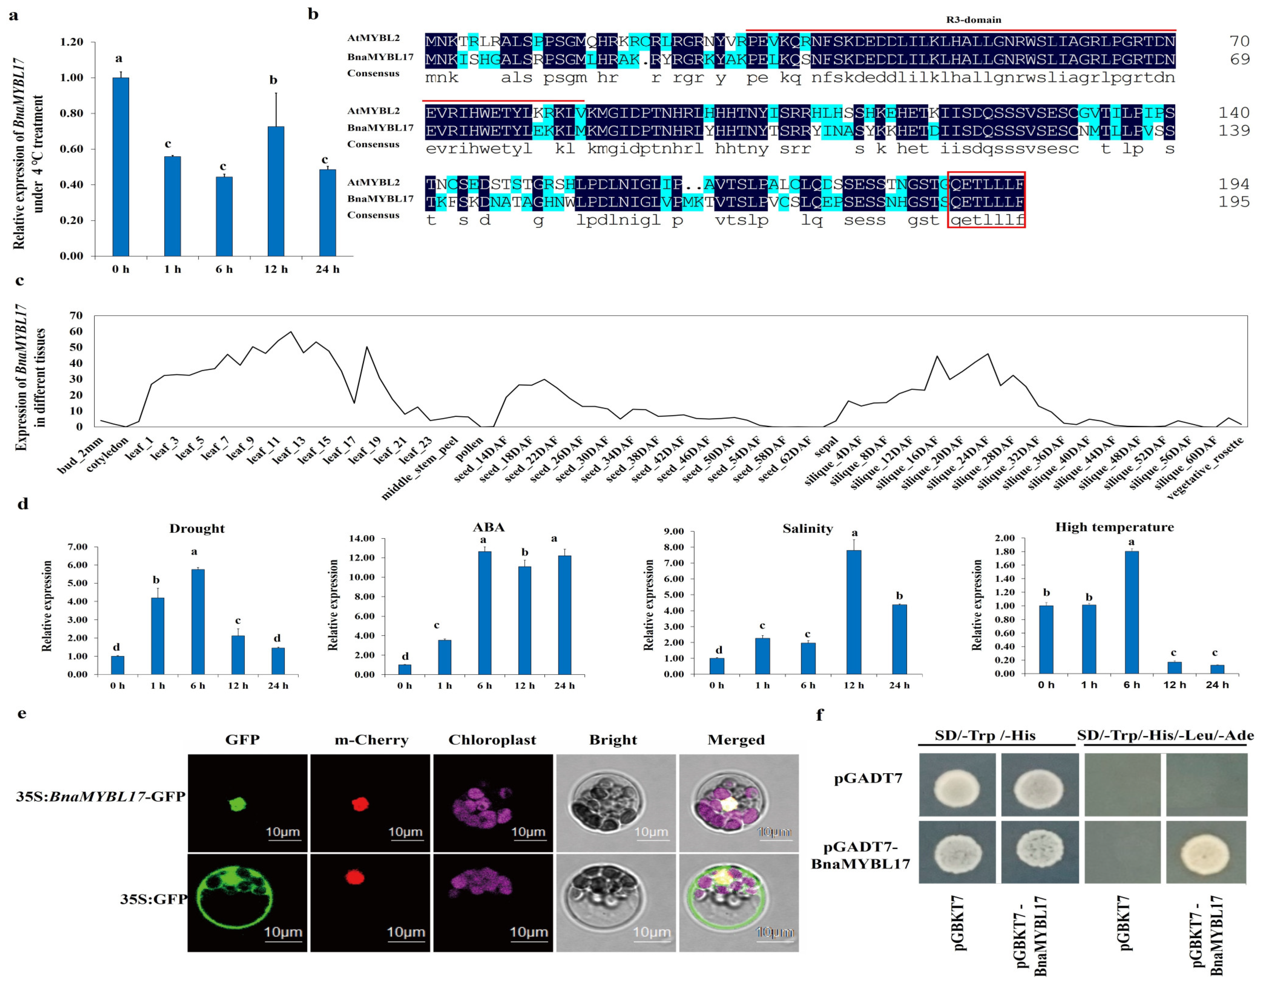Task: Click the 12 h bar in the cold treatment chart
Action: [x=276, y=191]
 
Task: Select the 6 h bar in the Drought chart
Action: [x=198, y=621]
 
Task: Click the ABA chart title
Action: [x=488, y=527]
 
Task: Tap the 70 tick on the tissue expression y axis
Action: [x=76, y=315]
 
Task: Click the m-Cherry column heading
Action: [x=371, y=740]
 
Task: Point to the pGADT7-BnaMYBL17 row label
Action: [x=860, y=856]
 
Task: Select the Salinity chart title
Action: [x=807, y=528]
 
